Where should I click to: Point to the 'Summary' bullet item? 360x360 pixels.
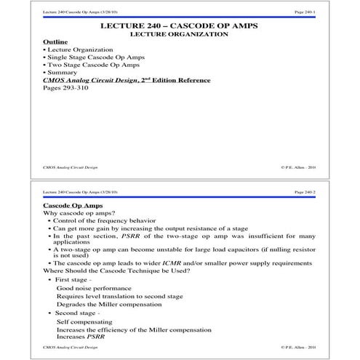click(x=65, y=73)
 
